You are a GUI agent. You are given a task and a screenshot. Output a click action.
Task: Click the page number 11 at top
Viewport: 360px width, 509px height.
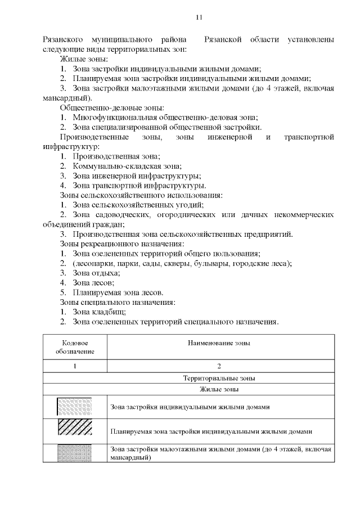(199, 17)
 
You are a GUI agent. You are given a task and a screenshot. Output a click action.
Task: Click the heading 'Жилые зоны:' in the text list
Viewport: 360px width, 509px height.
(84, 59)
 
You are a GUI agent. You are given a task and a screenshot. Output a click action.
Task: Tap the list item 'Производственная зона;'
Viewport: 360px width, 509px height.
(116, 156)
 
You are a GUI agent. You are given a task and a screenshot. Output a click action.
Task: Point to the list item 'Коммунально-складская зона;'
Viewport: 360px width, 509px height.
(127, 166)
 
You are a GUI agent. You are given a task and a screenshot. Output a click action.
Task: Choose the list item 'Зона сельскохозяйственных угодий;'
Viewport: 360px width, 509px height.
(138, 205)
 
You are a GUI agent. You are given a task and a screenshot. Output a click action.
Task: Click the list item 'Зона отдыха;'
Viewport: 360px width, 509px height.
(96, 273)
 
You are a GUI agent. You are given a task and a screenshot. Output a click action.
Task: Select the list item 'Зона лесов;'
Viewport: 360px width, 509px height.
(93, 282)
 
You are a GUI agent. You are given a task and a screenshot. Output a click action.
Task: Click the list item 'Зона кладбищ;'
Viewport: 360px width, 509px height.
(99, 312)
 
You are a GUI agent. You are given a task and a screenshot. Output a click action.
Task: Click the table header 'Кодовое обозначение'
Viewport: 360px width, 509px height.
(75, 346)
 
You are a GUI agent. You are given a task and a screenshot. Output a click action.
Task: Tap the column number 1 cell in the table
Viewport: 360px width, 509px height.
(75, 366)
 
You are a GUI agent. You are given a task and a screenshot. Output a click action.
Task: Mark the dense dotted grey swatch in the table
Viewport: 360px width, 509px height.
(75, 453)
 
